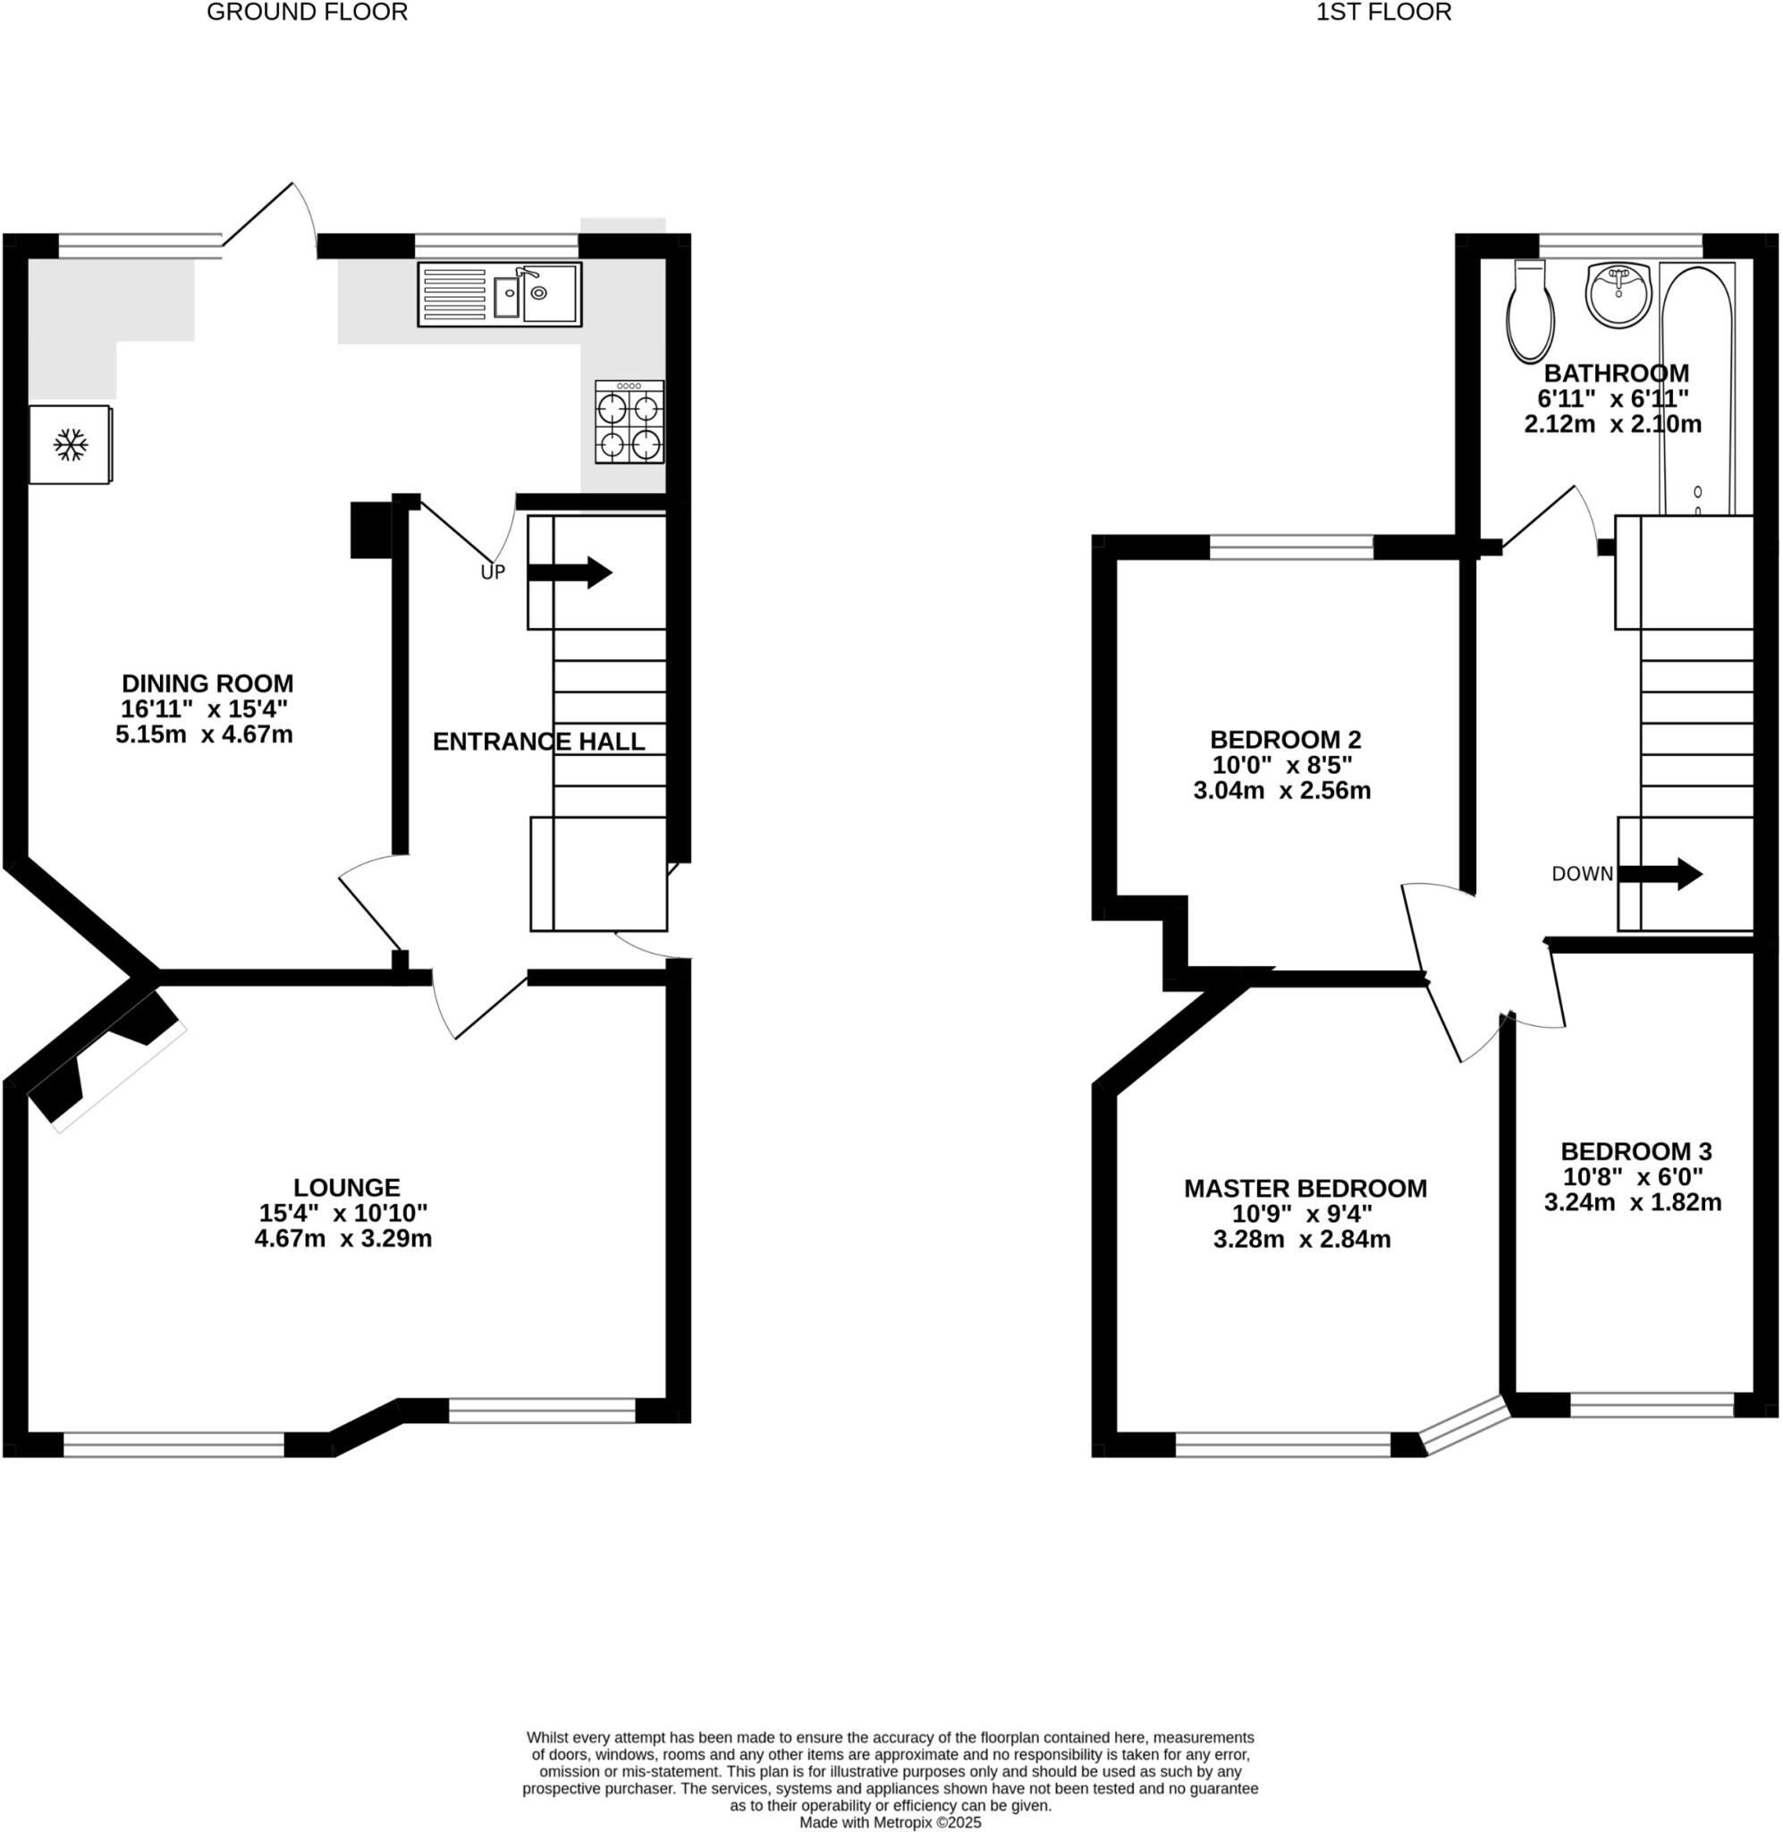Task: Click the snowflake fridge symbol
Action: pos(71,445)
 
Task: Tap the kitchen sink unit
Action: pos(499,294)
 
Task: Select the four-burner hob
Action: pos(630,422)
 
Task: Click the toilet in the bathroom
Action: pos(1530,311)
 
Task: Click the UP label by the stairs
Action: pos(493,572)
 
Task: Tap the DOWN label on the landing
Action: pos(1582,874)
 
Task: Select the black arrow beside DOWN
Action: pos(1660,874)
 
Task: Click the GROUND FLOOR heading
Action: pos(308,13)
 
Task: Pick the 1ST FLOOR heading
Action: pos(1383,13)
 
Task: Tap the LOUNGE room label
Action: pos(346,1188)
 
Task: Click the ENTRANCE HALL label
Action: pos(538,742)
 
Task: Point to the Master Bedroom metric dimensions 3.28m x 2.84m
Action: pos(1302,1240)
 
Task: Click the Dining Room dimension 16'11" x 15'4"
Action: pos(204,709)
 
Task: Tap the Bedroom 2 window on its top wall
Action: pos(1290,547)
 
